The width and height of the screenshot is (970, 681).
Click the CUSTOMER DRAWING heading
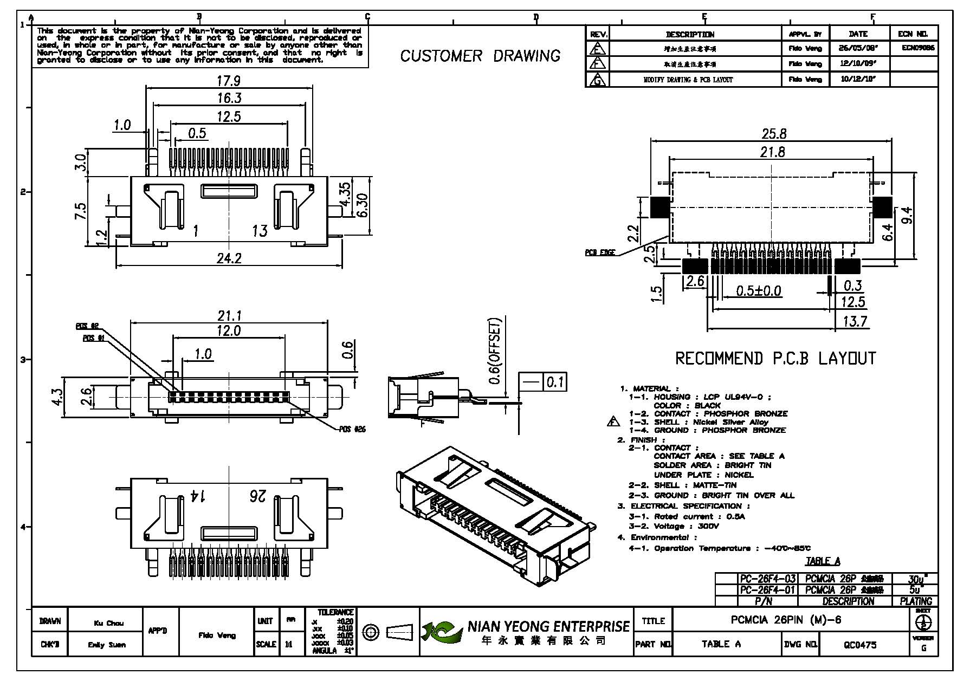[480, 56]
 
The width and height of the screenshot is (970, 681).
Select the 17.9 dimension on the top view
[228, 81]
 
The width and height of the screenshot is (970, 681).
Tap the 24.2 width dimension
[229, 258]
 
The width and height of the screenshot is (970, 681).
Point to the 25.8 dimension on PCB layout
[773, 133]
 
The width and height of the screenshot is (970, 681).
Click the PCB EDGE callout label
[599, 252]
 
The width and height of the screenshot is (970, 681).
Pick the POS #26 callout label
[352, 429]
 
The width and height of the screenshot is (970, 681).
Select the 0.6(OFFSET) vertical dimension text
[495, 351]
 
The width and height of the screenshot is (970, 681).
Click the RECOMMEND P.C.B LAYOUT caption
[775, 358]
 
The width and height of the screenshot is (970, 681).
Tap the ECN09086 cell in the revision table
[918, 48]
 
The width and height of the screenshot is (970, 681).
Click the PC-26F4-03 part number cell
[767, 579]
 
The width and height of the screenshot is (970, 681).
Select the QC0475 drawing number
[860, 644]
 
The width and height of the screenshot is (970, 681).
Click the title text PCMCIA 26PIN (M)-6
[786, 620]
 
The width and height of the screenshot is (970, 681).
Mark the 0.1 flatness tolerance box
[554, 382]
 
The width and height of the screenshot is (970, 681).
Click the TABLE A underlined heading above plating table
[822, 561]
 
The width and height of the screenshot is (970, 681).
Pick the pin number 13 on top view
[260, 231]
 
